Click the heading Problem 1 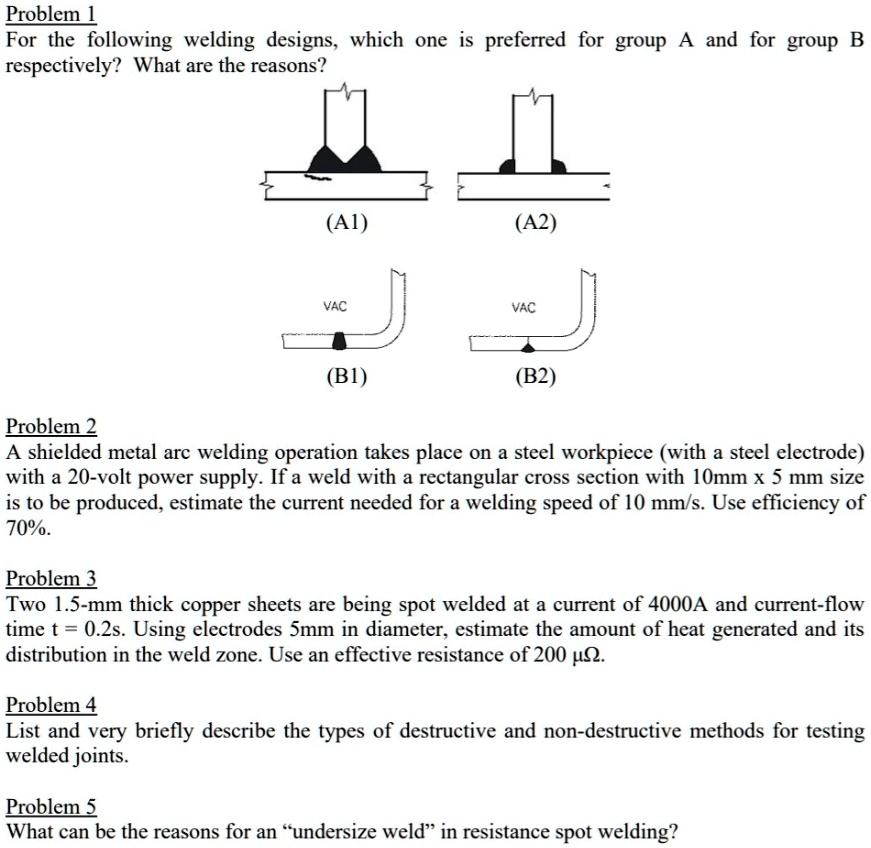(x=50, y=14)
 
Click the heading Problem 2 (x=52, y=427)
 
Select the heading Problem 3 (x=52, y=579)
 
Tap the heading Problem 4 (x=52, y=706)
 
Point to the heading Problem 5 (x=52, y=806)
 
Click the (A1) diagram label (x=346, y=224)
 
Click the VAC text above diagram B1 (x=335, y=306)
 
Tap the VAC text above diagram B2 (x=523, y=306)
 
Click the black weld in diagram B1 (x=340, y=342)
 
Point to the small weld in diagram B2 (x=529, y=346)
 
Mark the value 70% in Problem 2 (x=27, y=529)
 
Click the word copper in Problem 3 (x=183, y=605)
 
